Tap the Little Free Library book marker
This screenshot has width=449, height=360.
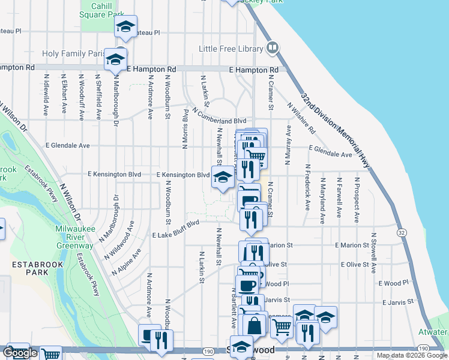tap(272, 47)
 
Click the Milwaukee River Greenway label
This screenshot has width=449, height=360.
tap(74, 238)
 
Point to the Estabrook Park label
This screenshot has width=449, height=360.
tap(28, 268)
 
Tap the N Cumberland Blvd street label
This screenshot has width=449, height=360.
tap(220, 116)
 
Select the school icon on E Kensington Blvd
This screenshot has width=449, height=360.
tap(222, 177)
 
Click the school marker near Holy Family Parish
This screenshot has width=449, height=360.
tap(115, 59)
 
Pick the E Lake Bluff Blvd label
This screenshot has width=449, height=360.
tap(176, 230)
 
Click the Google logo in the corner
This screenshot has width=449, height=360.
tap(20, 353)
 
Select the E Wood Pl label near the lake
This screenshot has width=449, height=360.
tap(393, 283)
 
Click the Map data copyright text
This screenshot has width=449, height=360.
tap(412, 355)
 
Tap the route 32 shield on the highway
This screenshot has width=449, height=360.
tap(401, 232)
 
